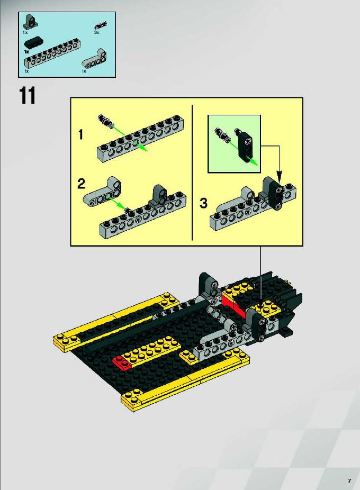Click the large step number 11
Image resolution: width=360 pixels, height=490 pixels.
pyautogui.click(x=28, y=95)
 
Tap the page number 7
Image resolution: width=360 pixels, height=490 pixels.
pyautogui.click(x=349, y=480)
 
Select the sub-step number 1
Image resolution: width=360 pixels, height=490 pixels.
pyautogui.click(x=81, y=135)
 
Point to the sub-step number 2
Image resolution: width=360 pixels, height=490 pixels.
pyautogui.click(x=82, y=184)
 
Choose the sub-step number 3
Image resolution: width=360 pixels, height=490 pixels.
pyautogui.click(x=203, y=203)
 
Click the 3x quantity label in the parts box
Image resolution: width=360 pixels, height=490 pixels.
pyautogui.click(x=96, y=32)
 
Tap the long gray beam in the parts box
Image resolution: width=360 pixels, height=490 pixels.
pyautogui.click(x=52, y=53)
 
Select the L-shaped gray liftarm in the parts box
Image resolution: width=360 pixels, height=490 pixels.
pyautogui.click(x=94, y=58)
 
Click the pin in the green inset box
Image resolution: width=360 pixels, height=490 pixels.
pyautogui.click(x=222, y=134)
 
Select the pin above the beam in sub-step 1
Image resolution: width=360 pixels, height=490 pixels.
pyautogui.click(x=106, y=121)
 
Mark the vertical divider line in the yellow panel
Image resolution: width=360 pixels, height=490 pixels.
pyautogui.click(x=192, y=173)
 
